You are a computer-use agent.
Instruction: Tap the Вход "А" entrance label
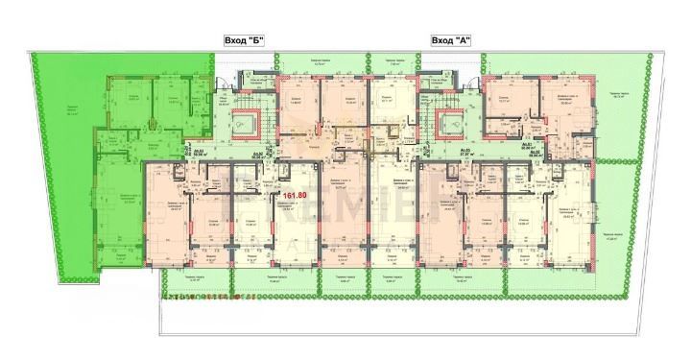pyautogui.click(x=448, y=40)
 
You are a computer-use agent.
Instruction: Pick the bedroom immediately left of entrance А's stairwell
pyautogui.click(x=384, y=95)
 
